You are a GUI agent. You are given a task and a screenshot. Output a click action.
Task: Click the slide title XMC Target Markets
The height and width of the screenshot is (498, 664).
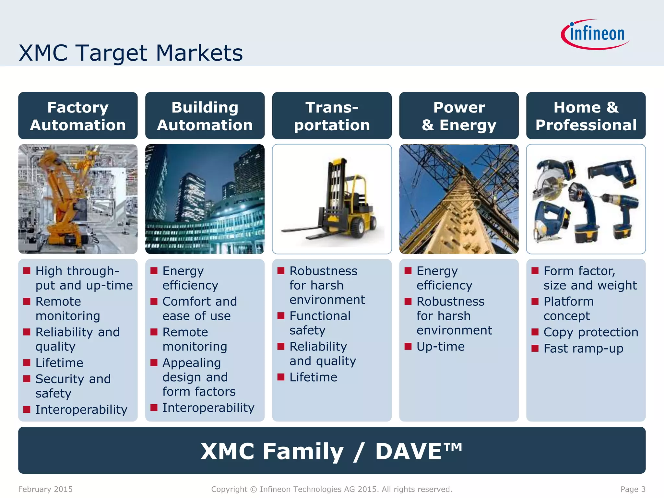coord(131,53)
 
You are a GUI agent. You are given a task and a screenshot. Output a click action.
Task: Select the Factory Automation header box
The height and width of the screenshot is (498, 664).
coord(78,116)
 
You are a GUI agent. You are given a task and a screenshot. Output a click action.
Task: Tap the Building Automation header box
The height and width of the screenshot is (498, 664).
coord(205,116)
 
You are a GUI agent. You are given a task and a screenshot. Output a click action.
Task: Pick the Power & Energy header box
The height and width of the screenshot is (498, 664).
coord(459,116)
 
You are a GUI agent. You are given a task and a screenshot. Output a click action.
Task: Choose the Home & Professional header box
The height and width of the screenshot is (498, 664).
coord(586,116)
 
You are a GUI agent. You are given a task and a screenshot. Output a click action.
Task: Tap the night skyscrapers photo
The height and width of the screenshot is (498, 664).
coord(205,199)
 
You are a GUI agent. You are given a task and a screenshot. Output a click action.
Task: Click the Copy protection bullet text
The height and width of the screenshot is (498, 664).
coord(591,332)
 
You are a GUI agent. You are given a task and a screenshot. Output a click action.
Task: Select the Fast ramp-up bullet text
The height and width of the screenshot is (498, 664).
coord(583,349)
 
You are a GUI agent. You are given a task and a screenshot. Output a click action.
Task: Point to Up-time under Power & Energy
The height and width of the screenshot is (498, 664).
coord(441,347)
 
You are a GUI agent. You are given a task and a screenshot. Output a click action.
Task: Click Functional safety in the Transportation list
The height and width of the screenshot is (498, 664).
coord(320,323)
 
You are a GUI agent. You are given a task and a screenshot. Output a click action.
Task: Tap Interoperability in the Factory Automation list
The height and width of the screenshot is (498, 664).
coord(81,409)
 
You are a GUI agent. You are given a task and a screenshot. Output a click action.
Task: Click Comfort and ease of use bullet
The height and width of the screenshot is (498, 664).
coord(199,309)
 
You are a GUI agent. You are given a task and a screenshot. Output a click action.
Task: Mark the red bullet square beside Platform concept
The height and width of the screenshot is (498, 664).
coord(535,302)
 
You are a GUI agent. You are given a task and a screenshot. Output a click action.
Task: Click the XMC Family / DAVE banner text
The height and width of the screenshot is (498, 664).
coord(331,451)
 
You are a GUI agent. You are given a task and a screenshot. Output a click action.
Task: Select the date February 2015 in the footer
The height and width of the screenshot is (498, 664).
coord(45,489)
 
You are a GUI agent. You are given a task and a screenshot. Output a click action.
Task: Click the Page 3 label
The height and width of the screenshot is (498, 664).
coord(633,489)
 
